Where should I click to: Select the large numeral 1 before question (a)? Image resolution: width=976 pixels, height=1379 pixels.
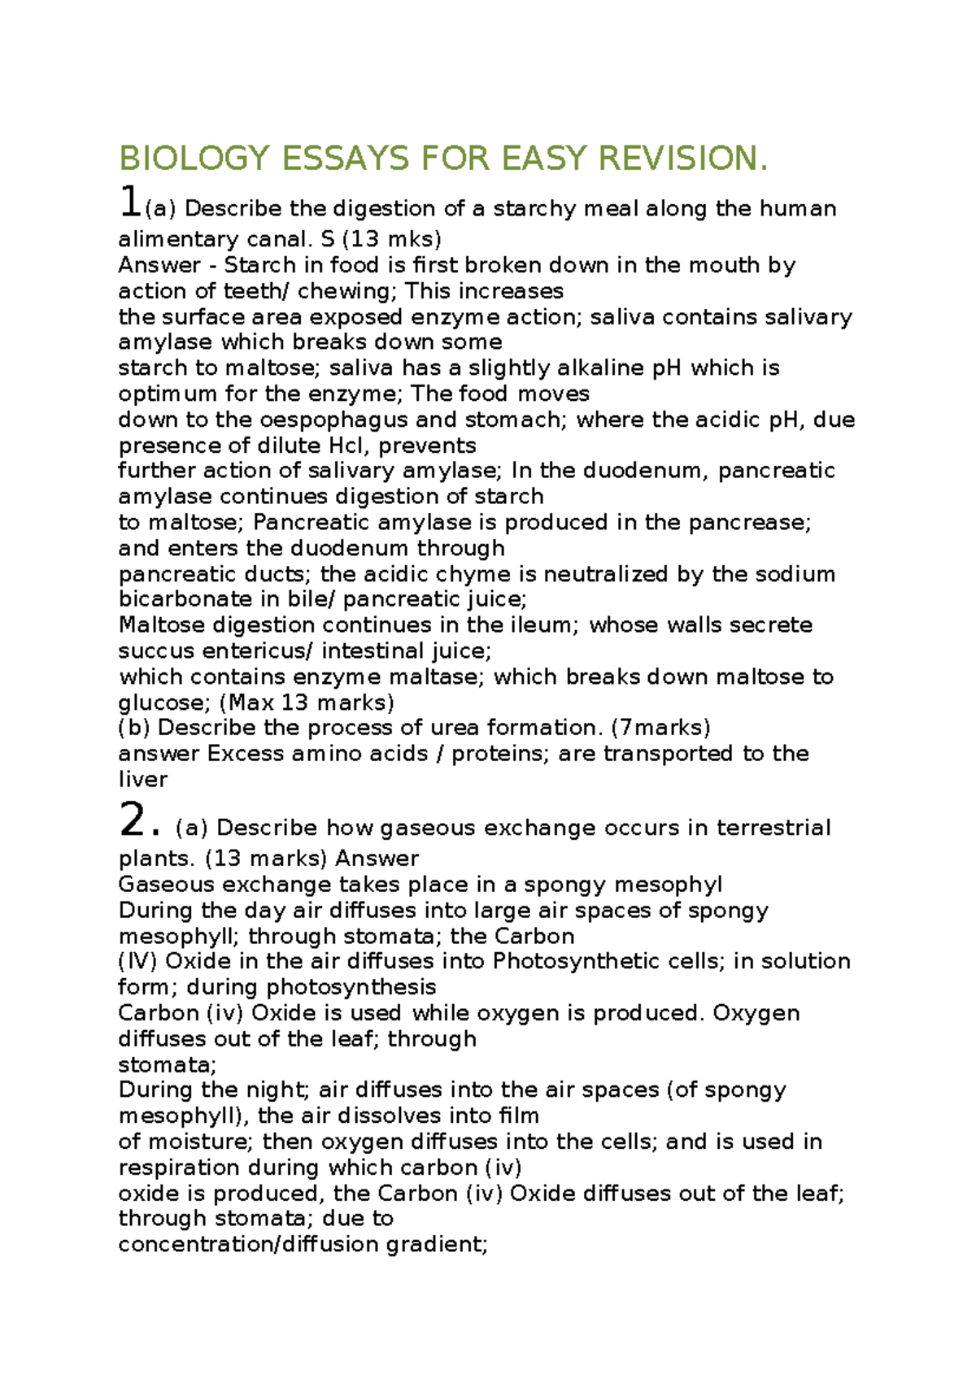[x=129, y=202]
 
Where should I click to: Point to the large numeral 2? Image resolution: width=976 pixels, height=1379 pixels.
[x=132, y=820]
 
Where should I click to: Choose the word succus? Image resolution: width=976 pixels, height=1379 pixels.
[x=156, y=650]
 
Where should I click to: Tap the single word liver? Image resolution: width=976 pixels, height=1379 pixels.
[x=142, y=779]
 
